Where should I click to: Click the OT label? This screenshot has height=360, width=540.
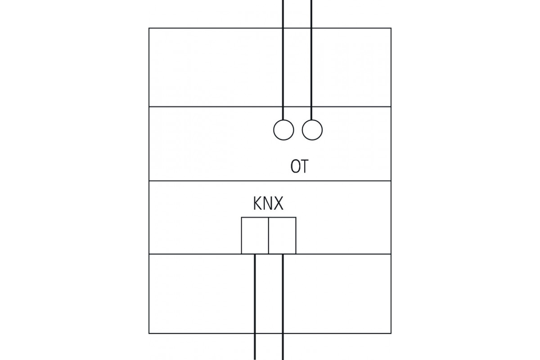coord(299,167)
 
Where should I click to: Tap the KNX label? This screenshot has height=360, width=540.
coord(268,204)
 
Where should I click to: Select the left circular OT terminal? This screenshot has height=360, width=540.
coord(283,130)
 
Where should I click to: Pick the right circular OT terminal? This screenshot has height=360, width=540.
coord(312,130)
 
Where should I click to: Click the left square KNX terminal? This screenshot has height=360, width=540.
coord(255,235)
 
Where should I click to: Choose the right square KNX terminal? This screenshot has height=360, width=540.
coord(283,235)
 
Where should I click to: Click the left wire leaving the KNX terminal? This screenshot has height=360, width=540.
coord(255,306)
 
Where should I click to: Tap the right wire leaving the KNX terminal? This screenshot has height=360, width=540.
coord(283,306)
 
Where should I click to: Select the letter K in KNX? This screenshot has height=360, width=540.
coord(258,204)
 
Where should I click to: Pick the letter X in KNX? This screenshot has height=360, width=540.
coord(279,204)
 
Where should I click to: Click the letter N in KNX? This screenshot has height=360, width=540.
coord(268,204)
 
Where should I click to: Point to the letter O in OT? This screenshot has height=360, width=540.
coord(295,167)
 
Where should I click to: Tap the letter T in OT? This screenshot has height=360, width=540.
coord(304,167)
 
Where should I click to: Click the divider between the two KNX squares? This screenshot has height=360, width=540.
coord(269,235)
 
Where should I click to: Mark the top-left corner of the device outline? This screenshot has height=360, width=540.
coord(149,28)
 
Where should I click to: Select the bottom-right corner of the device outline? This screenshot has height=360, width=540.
coord(391,333)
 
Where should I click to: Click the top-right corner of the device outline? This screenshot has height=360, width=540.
coord(391,28)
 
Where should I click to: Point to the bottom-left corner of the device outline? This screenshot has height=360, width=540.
coord(149,333)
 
